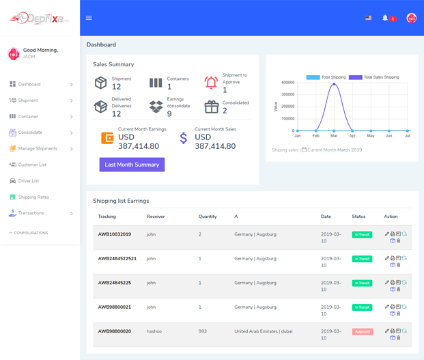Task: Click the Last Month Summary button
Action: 132,165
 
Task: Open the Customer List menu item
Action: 33,165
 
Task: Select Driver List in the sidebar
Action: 29,181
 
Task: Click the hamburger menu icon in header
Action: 89,18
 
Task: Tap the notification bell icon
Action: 385,18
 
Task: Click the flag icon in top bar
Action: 369,18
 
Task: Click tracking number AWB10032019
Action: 115,234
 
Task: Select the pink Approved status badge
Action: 362,331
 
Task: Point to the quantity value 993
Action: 202,331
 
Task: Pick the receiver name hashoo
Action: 154,331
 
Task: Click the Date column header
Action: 326,217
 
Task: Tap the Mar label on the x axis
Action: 334,136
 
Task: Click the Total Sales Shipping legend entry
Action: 374,77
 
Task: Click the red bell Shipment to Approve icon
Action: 211,83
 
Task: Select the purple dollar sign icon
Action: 183,138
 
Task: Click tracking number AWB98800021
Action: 115,307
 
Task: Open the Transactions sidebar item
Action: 31,213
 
